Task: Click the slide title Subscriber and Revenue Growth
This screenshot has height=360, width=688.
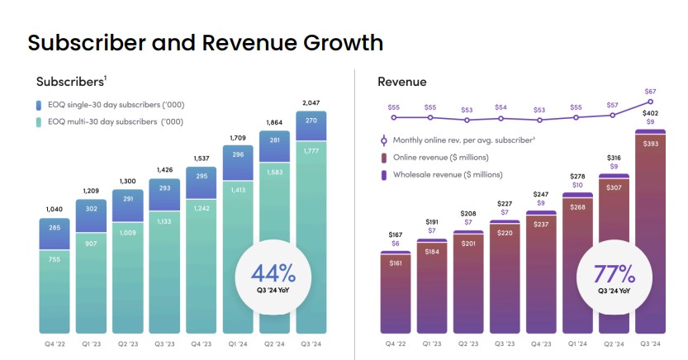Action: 206,42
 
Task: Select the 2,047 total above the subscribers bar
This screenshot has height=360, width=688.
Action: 311,102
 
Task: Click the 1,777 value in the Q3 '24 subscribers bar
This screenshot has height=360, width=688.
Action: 311,150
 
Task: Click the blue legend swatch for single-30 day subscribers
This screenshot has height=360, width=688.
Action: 39,105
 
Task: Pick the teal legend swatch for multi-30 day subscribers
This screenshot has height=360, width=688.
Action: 39,122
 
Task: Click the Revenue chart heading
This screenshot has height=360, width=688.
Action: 401,81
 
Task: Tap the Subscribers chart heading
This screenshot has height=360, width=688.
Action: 70,81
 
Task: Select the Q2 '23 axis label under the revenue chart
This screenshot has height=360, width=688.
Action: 469,344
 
